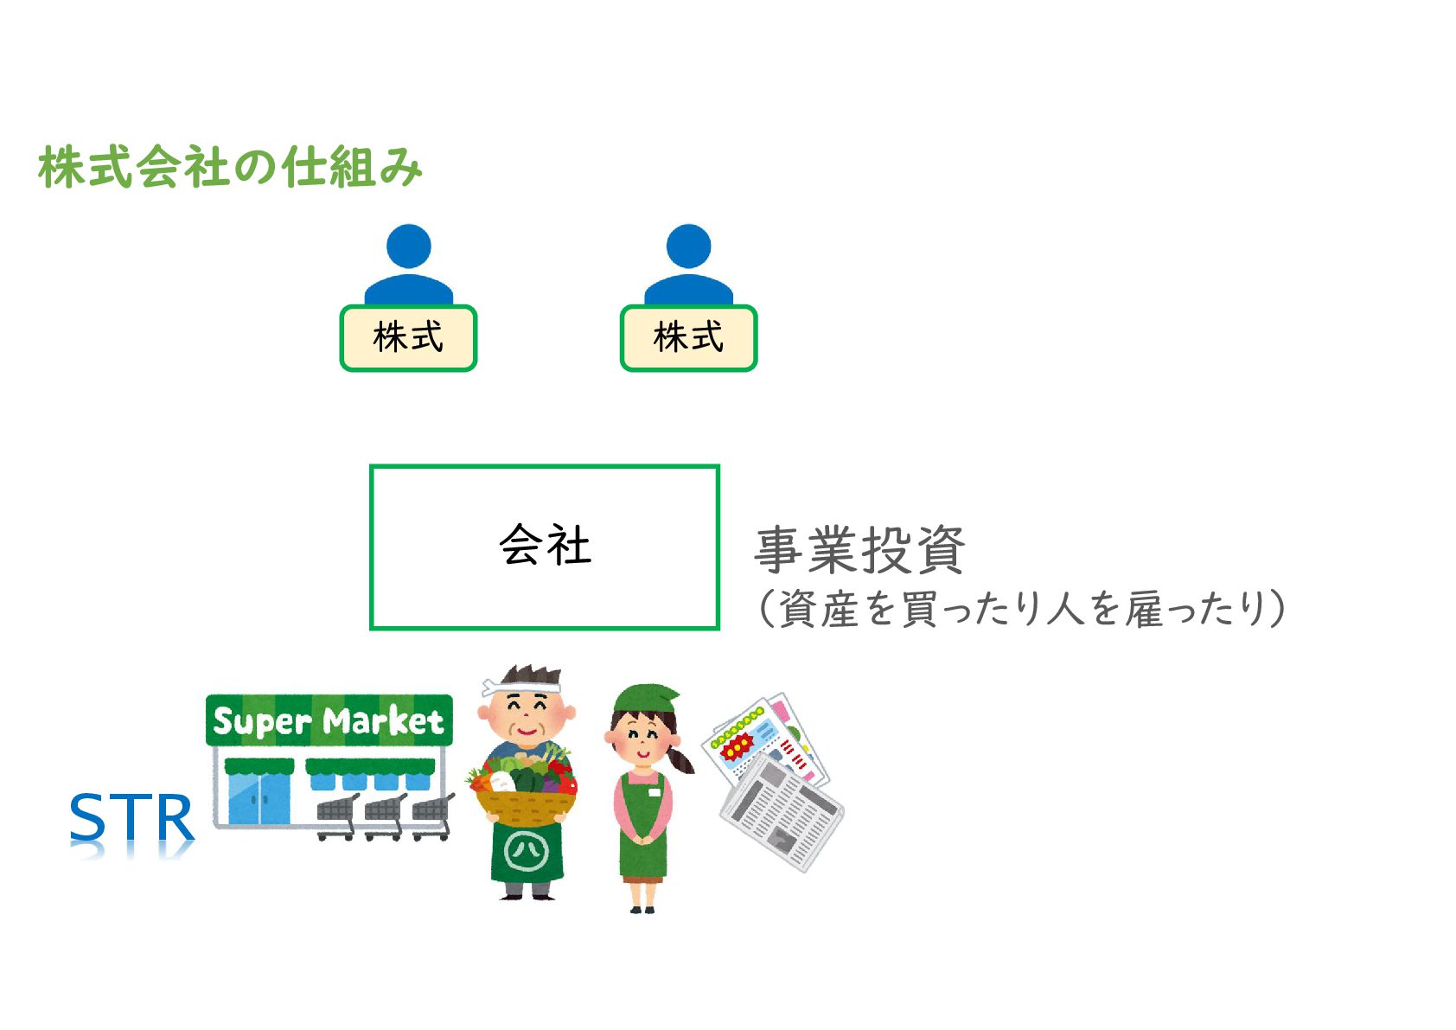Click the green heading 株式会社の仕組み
coord(230,167)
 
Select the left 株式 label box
coord(408,338)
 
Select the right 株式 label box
coord(688,338)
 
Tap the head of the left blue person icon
coord(408,246)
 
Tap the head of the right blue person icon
coord(688,246)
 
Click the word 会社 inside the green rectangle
coord(545,546)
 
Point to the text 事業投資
coord(859,549)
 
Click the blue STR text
coord(131,818)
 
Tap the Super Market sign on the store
coord(329,720)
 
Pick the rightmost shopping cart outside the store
coord(433,816)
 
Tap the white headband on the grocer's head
coord(519,687)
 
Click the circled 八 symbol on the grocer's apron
coord(527,851)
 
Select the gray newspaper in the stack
coord(782,813)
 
